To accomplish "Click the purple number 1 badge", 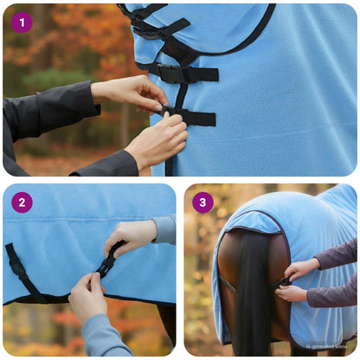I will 22,22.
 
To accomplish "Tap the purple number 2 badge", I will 22,202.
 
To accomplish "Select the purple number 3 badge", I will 202,202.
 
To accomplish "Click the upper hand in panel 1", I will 130,90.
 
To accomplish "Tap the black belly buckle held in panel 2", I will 109,260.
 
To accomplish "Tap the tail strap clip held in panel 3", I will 283,281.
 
